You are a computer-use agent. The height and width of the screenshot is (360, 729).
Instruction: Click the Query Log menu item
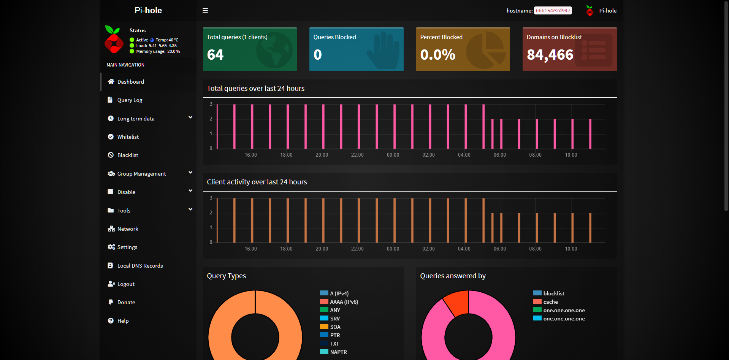pos(130,100)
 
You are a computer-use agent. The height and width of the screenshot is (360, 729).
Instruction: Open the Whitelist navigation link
pos(128,137)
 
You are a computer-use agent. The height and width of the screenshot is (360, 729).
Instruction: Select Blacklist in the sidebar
pos(128,155)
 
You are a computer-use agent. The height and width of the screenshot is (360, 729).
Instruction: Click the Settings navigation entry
pos(127,247)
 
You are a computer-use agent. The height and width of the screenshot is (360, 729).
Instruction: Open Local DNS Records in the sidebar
pos(140,266)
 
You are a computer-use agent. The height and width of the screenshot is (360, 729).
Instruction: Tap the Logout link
pos(126,284)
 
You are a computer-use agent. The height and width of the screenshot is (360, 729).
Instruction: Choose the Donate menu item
pos(126,302)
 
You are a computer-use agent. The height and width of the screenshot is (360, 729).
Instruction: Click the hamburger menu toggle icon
pos(205,11)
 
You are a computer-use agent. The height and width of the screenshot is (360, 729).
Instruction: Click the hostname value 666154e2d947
pos(553,11)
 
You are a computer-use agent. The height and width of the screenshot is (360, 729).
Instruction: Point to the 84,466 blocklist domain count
pos(550,55)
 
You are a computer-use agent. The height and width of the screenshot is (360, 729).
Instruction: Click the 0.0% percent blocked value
pos(437,55)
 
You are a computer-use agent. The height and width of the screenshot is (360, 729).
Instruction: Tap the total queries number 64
pos(215,55)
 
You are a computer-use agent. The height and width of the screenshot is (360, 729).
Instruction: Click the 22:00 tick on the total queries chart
pos(357,155)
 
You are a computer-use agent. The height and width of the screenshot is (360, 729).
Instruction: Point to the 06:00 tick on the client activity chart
pos(499,249)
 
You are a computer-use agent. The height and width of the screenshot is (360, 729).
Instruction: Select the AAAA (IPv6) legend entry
pos(344,302)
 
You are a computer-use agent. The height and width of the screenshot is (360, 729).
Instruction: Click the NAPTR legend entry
pos(338,352)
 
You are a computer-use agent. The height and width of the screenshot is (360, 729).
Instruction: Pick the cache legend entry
pos(550,302)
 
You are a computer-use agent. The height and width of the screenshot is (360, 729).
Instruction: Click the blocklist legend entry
pos(553,293)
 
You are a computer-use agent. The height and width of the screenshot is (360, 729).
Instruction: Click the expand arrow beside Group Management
pos(190,173)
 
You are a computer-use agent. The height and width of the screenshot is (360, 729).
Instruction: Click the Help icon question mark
pos(111,320)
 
